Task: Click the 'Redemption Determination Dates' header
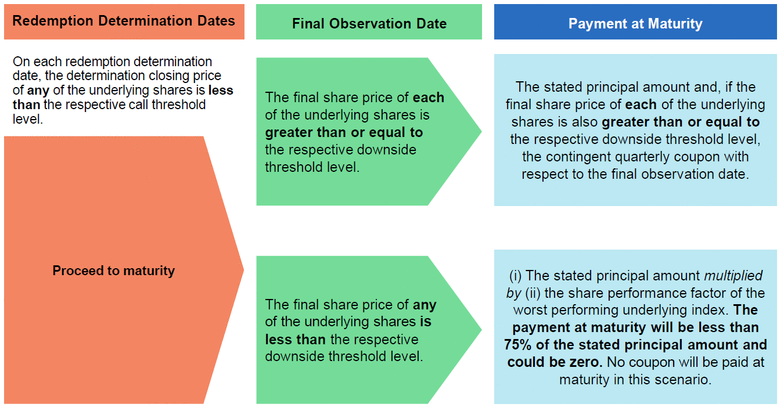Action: (124, 21)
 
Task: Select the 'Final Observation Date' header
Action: (369, 23)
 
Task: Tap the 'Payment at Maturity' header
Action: (635, 23)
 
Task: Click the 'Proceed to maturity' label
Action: (113, 271)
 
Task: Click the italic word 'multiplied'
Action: (733, 276)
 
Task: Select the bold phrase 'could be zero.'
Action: (555, 362)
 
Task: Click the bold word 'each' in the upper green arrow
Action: (429, 98)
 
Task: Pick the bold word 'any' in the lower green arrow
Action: (425, 305)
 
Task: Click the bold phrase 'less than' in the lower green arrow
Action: (295, 339)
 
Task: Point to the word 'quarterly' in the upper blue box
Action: (643, 157)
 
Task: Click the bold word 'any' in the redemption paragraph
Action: (38, 91)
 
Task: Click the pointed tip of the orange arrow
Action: (243, 270)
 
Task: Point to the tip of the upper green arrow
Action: (481, 132)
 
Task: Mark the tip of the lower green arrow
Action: (481, 330)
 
